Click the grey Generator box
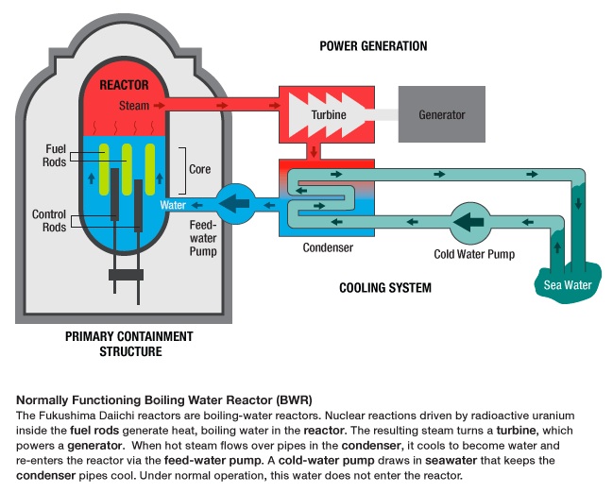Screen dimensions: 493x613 [442, 115]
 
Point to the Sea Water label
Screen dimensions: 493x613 [567, 284]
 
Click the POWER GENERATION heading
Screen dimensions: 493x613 [373, 45]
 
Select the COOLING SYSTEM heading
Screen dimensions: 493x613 [384, 288]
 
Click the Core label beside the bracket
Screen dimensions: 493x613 [200, 170]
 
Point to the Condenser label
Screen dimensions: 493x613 [328, 249]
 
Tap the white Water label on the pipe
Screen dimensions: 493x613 [173, 204]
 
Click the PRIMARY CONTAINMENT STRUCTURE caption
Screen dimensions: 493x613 [129, 344]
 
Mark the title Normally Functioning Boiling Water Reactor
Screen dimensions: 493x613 [164, 399]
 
